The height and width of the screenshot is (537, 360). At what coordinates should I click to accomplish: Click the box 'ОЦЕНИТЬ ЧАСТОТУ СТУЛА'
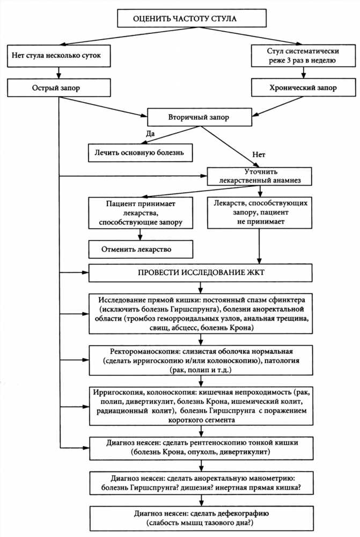192,18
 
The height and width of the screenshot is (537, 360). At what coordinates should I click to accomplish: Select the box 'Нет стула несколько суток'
59,55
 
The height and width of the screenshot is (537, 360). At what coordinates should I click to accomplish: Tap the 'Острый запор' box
59,88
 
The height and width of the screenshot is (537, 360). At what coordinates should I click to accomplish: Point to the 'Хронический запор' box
303,88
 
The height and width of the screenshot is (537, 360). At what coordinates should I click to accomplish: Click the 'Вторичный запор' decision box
199,118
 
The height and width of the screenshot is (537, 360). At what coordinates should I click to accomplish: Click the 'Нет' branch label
259,155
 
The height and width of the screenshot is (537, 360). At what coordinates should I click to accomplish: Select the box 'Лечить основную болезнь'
141,153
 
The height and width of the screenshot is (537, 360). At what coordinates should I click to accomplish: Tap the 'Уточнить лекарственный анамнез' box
259,176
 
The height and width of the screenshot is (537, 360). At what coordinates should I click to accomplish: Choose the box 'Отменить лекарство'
141,249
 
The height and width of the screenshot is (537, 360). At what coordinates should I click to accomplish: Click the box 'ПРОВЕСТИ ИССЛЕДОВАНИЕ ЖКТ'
201,273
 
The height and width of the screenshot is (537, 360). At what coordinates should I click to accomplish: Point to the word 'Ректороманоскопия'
145,351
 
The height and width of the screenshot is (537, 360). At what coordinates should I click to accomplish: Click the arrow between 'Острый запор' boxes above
59,73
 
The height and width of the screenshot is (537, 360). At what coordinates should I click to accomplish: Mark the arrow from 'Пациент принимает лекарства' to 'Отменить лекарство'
139,234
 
